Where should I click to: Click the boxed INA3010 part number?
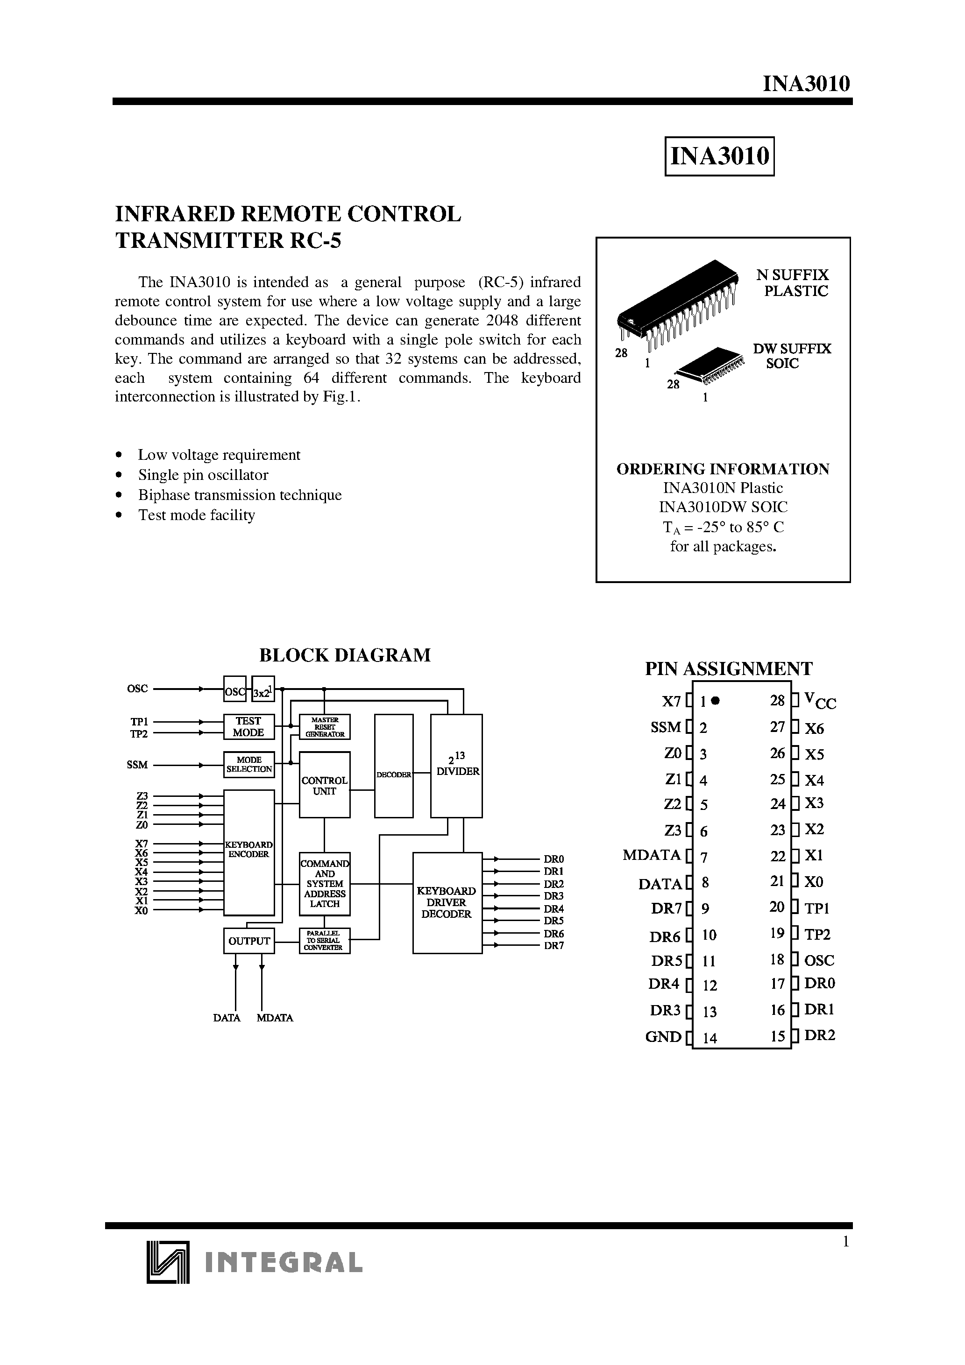(719, 156)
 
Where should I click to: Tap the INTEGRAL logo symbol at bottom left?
(167, 1262)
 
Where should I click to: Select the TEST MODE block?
(248, 726)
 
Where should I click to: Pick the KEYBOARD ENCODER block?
(248, 852)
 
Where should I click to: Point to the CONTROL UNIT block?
(324, 785)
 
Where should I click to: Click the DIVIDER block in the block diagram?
(456, 766)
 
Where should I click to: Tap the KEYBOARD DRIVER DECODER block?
(447, 902)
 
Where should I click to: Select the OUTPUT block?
(248, 941)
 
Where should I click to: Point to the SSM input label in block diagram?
(137, 765)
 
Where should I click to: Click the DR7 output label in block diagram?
(554, 946)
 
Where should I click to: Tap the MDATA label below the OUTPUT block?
(275, 1018)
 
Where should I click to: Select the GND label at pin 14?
(663, 1037)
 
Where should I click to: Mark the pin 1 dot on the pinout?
(716, 701)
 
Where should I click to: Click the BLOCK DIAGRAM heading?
(344, 655)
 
